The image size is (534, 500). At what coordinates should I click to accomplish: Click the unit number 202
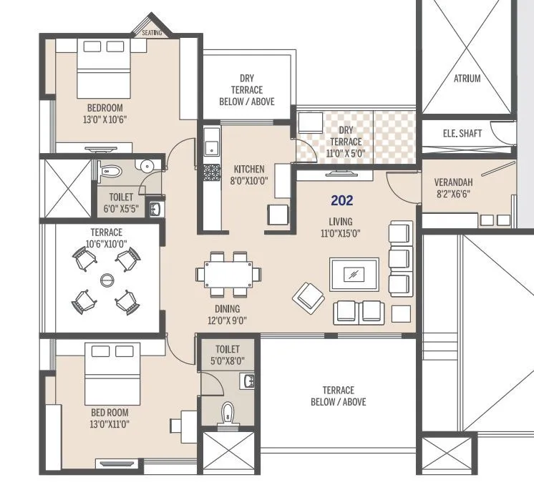click(x=341, y=201)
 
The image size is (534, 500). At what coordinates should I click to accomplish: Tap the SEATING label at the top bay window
click(x=151, y=33)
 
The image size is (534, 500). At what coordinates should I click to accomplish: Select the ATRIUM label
click(x=467, y=79)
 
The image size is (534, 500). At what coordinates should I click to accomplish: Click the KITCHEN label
click(x=248, y=170)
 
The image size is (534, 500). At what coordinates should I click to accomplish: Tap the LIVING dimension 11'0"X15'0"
click(x=340, y=232)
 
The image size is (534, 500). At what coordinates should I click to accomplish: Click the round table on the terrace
click(x=107, y=279)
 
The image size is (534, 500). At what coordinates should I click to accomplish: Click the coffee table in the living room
click(x=354, y=274)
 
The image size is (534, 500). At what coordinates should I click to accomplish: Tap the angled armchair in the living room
click(x=308, y=295)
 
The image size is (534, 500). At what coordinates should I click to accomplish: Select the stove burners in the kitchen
click(x=211, y=172)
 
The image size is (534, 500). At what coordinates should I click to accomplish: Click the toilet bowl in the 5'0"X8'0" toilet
click(x=228, y=413)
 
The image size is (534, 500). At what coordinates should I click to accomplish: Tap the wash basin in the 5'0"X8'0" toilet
click(x=248, y=381)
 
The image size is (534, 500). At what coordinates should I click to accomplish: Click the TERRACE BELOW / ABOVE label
click(x=338, y=396)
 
